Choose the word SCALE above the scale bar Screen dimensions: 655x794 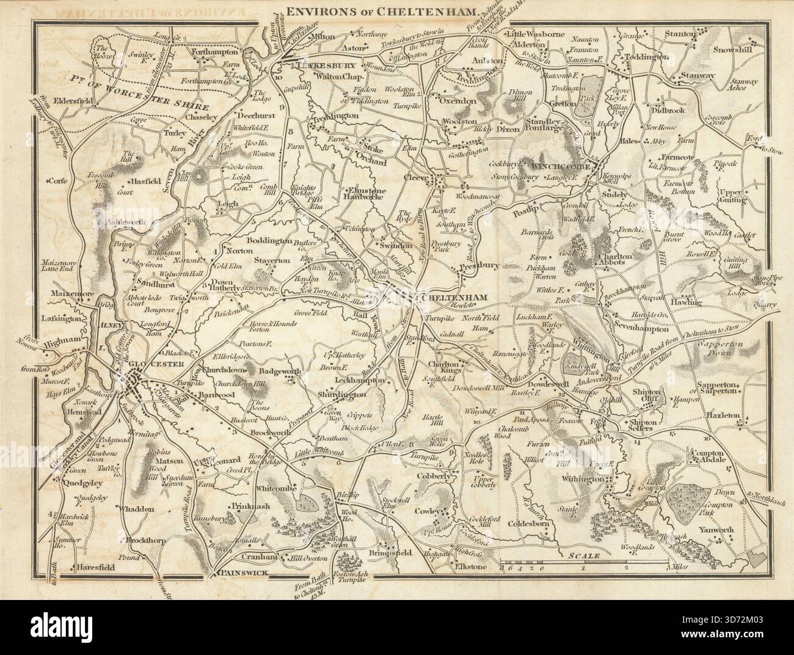click(584, 556)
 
